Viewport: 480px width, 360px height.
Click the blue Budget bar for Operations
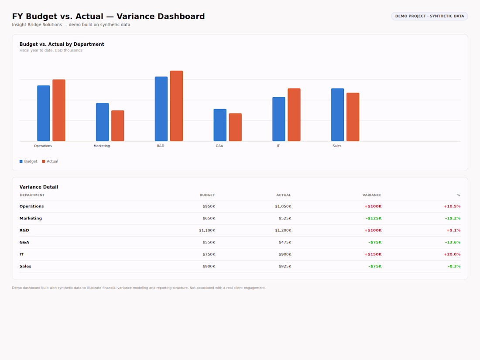point(44,113)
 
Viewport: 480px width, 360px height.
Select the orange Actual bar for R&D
point(176,106)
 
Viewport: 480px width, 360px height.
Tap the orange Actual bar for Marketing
point(117,126)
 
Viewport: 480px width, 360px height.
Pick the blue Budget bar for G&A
point(220,125)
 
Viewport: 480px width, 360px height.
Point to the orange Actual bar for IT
point(294,115)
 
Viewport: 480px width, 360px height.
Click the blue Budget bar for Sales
point(337,115)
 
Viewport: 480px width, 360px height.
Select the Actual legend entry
point(50,161)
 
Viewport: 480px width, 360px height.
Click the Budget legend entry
point(28,161)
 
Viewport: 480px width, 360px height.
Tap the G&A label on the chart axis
point(219,146)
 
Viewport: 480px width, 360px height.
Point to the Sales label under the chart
point(337,146)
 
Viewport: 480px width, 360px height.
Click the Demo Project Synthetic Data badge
point(429,16)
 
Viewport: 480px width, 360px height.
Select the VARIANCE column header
point(372,195)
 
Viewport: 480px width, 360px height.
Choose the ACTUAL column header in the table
point(284,195)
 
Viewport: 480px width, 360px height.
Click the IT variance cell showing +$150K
point(373,254)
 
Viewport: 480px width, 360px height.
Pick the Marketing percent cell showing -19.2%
point(453,218)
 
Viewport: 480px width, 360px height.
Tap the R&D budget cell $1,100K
point(207,230)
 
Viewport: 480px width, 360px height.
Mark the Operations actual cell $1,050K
point(283,206)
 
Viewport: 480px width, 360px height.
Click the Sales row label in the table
point(25,266)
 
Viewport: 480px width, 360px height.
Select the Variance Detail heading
point(38,187)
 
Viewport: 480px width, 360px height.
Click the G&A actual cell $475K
point(285,243)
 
